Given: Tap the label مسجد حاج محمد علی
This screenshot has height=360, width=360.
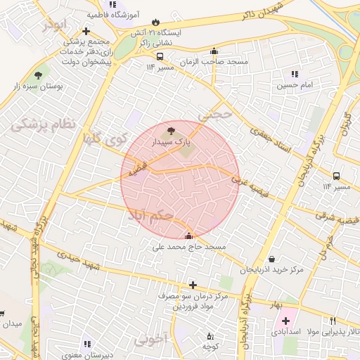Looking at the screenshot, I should tap(189, 247).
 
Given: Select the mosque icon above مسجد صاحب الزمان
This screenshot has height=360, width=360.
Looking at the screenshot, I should tap(214, 51).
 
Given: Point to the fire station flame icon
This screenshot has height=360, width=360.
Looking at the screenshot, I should tap(156, 22).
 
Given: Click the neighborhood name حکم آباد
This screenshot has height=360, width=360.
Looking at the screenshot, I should tap(150, 214).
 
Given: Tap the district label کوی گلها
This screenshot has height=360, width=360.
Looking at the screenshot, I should tap(108, 139).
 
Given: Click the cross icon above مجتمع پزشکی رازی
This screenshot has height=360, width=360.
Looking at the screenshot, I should tap(86, 32).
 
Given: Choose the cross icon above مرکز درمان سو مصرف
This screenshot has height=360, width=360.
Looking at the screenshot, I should tap(193, 285).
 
